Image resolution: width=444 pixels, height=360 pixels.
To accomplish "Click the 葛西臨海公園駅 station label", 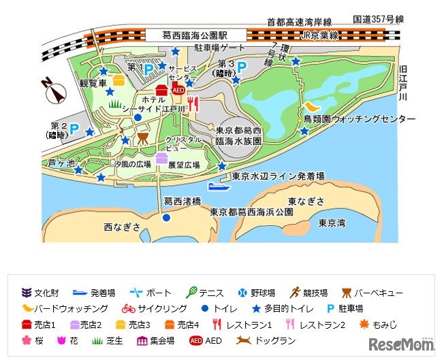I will pos(194,35).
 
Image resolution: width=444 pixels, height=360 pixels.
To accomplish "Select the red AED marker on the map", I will pos(178,89).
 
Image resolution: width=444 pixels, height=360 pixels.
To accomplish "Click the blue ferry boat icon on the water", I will pos(219,186).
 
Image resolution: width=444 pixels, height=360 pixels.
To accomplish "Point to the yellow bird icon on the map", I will pos(311,107).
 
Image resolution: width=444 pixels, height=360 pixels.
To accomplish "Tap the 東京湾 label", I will pos(333,223).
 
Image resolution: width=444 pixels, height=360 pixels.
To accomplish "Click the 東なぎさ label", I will pos(306,201).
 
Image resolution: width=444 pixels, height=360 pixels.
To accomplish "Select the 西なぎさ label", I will pos(123,226).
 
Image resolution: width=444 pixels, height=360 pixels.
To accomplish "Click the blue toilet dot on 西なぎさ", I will pos(166,218).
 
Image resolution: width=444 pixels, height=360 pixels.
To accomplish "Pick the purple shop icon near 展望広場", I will pos(161,159).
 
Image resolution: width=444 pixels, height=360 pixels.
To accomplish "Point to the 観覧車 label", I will pos(94,84).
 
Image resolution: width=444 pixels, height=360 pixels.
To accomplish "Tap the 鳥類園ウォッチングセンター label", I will pos(359,119).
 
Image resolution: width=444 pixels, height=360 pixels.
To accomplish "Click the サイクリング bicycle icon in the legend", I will pos(128,308).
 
